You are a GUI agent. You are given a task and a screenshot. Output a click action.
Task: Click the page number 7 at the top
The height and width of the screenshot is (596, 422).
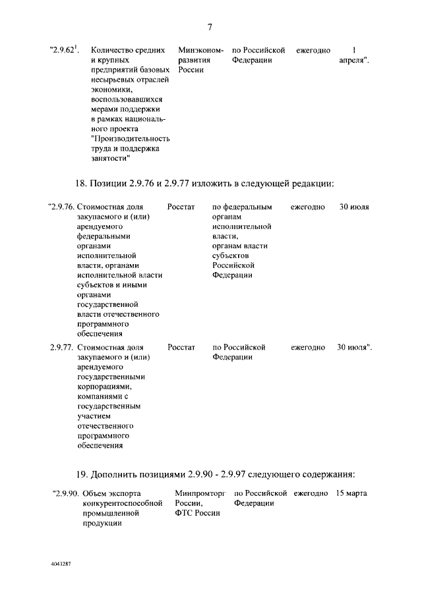tap(210, 27)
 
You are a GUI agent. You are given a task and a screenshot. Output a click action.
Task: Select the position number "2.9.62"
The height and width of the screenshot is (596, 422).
tap(63, 50)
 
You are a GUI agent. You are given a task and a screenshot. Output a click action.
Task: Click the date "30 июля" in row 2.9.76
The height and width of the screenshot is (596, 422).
tap(354, 207)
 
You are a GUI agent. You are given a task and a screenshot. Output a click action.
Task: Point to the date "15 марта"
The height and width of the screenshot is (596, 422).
tap(351, 493)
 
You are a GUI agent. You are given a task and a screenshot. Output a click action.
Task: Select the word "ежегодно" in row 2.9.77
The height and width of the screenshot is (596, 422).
tap(308, 346)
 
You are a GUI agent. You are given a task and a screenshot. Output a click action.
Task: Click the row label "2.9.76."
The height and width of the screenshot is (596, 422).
tap(61, 207)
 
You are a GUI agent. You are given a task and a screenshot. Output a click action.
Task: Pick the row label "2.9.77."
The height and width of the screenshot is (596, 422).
tap(61, 346)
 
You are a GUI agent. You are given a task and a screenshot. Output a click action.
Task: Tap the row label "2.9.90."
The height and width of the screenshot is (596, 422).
tap(65, 493)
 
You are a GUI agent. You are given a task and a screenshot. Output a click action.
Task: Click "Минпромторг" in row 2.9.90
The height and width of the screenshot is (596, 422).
tap(200, 493)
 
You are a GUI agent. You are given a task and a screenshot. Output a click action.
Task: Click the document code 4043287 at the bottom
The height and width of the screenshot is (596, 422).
tap(60, 564)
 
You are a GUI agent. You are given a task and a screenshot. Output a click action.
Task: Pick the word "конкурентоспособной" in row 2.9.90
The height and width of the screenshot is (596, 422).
tap(123, 503)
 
